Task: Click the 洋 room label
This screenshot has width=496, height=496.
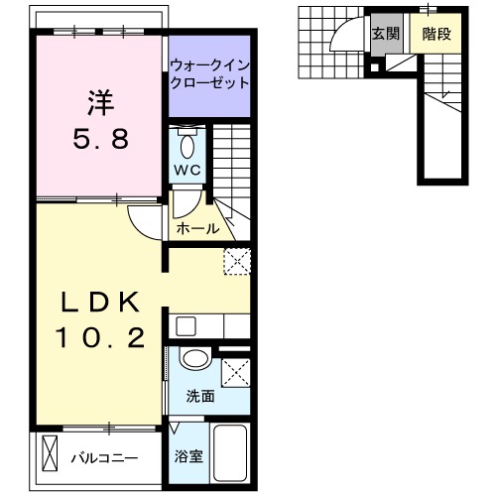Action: coord(101,102)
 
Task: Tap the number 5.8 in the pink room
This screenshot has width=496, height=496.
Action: coord(101,139)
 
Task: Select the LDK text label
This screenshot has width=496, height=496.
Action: coord(100,302)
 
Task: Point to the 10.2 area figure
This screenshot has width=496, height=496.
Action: coord(100,337)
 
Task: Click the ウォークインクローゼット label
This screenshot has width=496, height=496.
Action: coord(209,74)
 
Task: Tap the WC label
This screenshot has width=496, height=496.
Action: coord(187,170)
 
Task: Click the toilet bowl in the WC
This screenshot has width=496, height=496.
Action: coord(187,147)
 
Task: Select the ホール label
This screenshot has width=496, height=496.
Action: coord(197,228)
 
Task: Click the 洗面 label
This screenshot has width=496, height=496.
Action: coord(200,396)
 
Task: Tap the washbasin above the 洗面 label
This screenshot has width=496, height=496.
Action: coord(195,357)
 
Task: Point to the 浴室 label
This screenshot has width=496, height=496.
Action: coord(188,456)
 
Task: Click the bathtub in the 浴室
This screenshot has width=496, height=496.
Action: coord(230,453)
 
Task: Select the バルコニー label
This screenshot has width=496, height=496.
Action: coord(105,458)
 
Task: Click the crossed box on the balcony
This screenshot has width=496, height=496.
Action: coord(50,453)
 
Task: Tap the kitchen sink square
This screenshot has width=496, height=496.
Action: coord(186,326)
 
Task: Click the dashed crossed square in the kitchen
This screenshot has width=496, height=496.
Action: coord(237,262)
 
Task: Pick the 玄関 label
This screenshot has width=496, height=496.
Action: coord(386,34)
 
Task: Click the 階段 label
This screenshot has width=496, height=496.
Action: coord(436,34)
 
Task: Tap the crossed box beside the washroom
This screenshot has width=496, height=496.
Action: coord(236,373)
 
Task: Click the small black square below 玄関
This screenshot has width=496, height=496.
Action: coord(375,67)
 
